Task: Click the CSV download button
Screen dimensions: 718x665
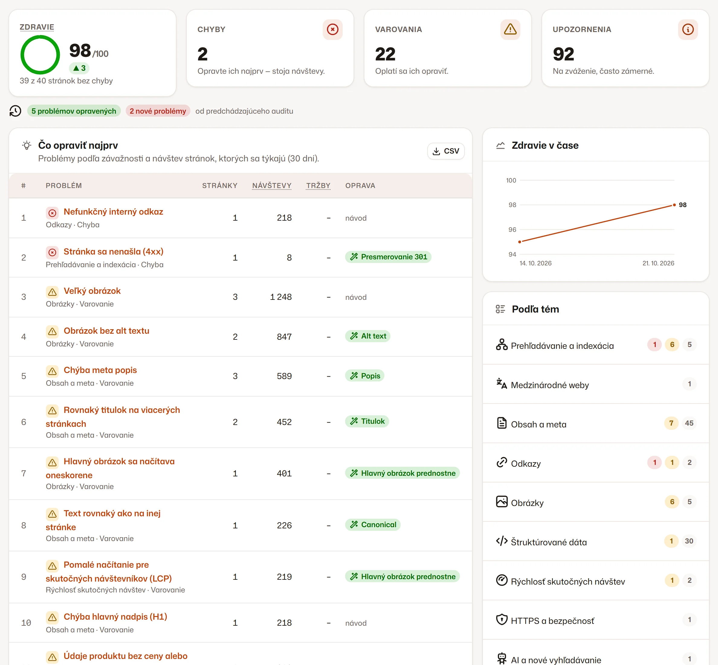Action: (446, 151)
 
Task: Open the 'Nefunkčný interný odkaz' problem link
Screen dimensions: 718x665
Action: (113, 212)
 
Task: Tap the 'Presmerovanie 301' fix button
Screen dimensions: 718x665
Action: (388, 257)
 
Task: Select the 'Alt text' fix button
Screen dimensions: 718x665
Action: (368, 336)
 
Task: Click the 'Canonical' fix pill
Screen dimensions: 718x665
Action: (373, 525)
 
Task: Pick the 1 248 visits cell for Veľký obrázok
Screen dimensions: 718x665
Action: (281, 297)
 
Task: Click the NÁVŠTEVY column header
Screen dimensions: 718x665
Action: (272, 186)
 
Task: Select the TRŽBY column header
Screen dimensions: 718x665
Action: (318, 186)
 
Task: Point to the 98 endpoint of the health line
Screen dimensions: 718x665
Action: (674, 205)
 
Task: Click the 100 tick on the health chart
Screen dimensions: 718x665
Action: (511, 180)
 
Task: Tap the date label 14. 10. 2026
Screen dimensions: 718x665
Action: (535, 263)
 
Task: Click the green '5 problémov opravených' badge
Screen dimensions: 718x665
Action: (74, 111)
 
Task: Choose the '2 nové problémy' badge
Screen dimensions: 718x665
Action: (158, 111)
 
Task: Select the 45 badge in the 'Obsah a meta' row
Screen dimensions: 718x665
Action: (689, 423)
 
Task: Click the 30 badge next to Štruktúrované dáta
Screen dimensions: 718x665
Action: (689, 541)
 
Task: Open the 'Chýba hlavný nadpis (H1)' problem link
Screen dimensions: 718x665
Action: (115, 617)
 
